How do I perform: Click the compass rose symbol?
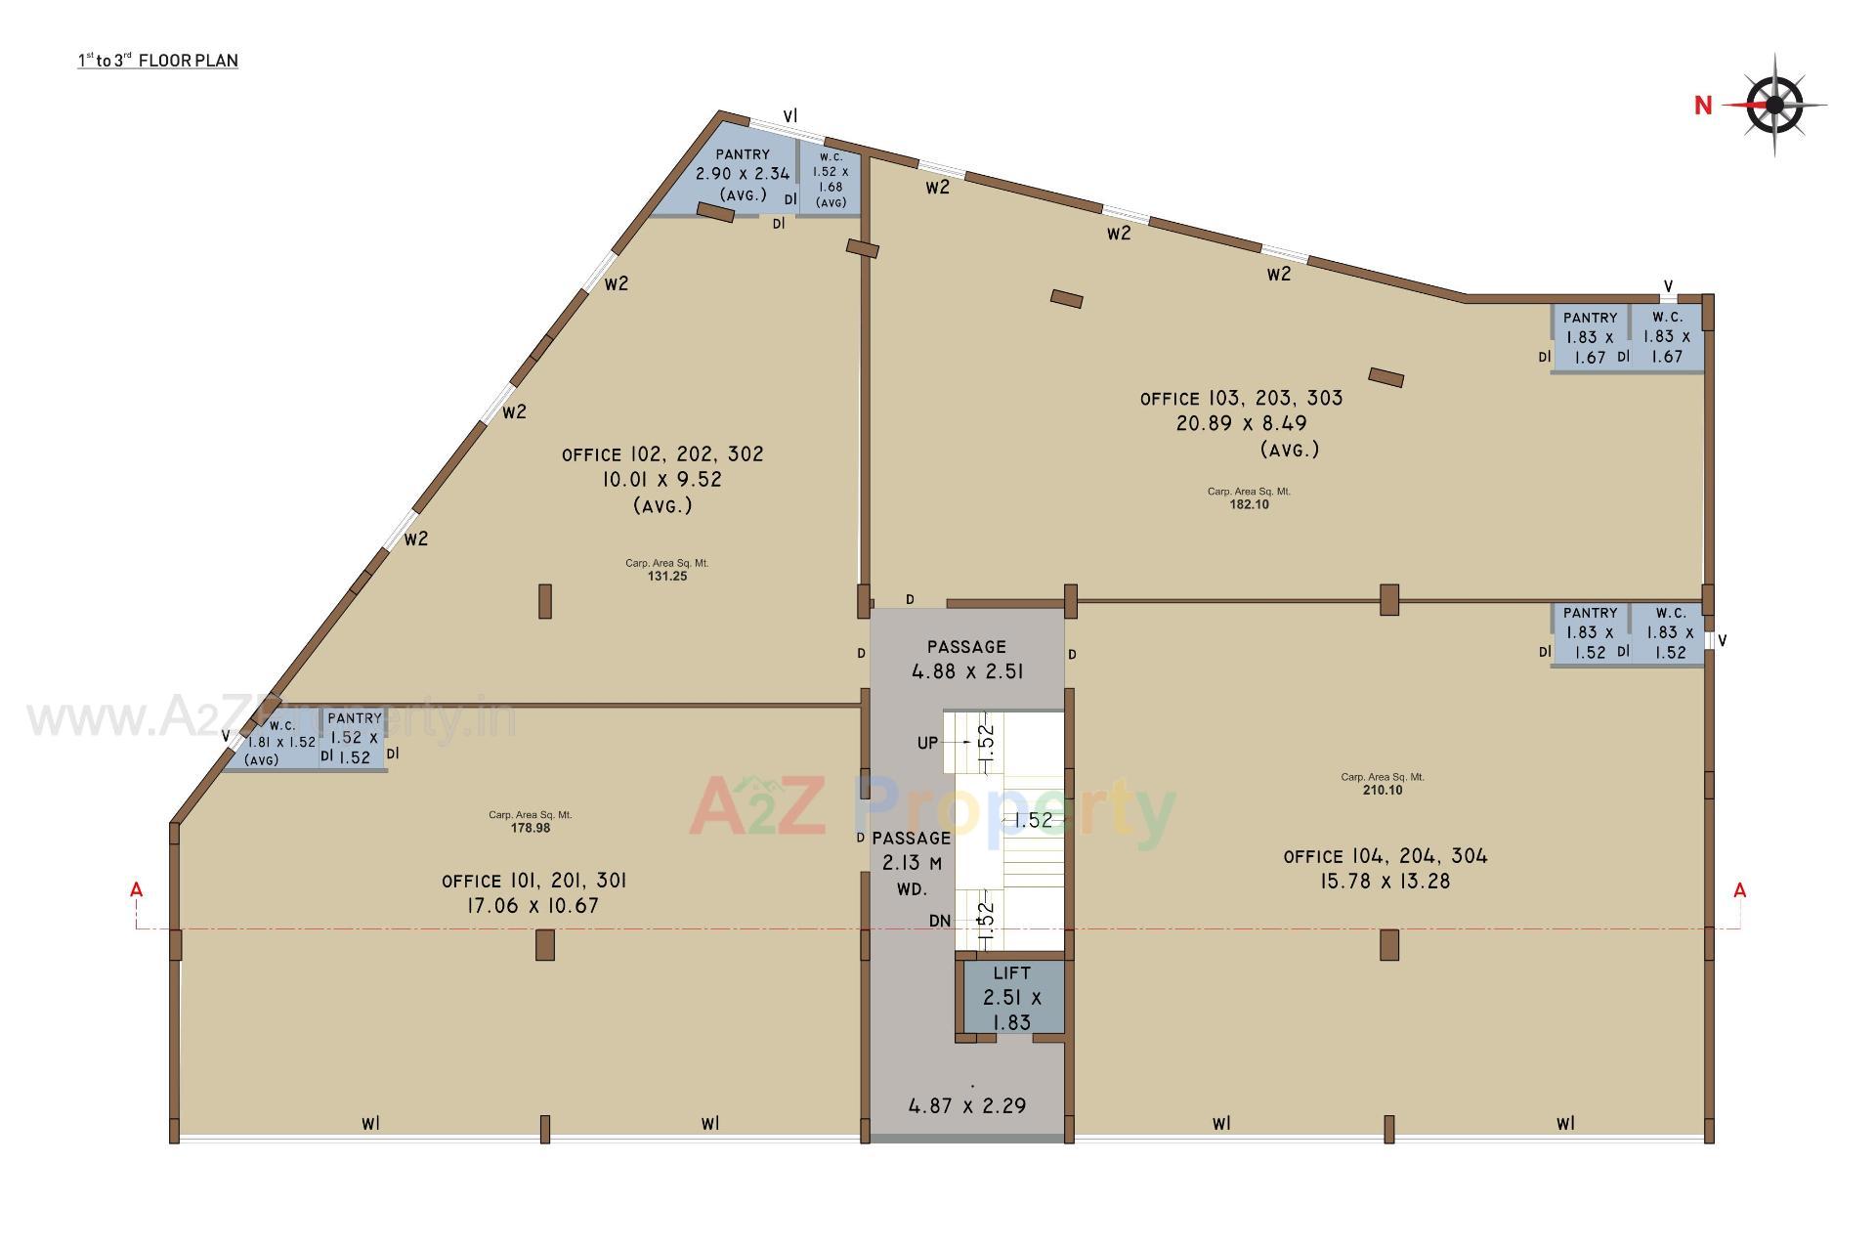(1774, 105)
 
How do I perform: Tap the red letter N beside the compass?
(1703, 106)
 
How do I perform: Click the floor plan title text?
(158, 61)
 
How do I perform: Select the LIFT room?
(1012, 998)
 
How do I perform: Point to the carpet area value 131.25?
(667, 577)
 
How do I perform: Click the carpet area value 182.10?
(1249, 505)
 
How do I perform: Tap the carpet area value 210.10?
(1383, 791)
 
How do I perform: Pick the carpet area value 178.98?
(531, 828)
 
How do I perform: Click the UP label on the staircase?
(927, 743)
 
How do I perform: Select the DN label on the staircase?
(940, 921)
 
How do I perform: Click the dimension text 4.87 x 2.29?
(967, 1106)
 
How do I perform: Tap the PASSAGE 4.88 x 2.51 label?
(966, 660)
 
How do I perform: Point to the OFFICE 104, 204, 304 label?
(1386, 857)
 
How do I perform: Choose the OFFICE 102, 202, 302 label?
(662, 454)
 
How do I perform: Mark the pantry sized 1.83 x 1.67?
(1590, 338)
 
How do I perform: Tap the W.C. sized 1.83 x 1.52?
(1670, 633)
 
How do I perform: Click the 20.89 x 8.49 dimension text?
(1241, 424)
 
